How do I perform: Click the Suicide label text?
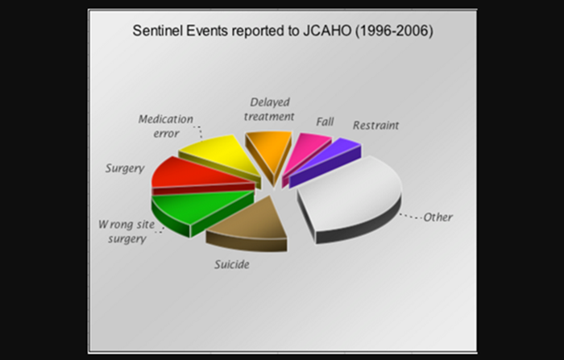tap(231, 263)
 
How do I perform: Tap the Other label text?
tap(438, 217)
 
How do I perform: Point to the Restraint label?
tap(375, 126)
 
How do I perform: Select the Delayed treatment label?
tap(269, 110)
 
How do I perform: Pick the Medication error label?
tap(165, 126)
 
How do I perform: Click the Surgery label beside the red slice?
tap(125, 169)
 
